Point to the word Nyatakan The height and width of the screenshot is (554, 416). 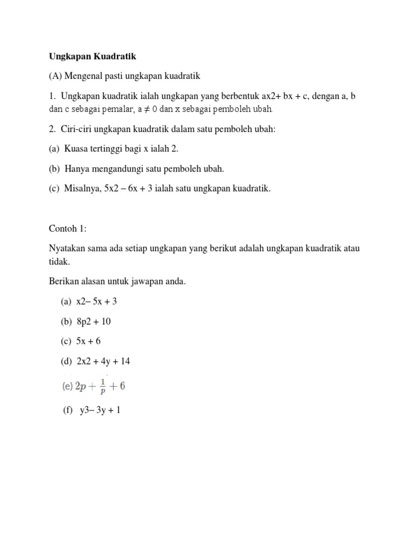click(67, 248)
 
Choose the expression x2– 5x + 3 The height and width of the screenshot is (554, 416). click(96, 301)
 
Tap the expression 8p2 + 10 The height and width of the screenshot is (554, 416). click(93, 321)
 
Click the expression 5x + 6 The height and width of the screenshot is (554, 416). click(88, 341)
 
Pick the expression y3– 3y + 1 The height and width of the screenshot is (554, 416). click(100, 410)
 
